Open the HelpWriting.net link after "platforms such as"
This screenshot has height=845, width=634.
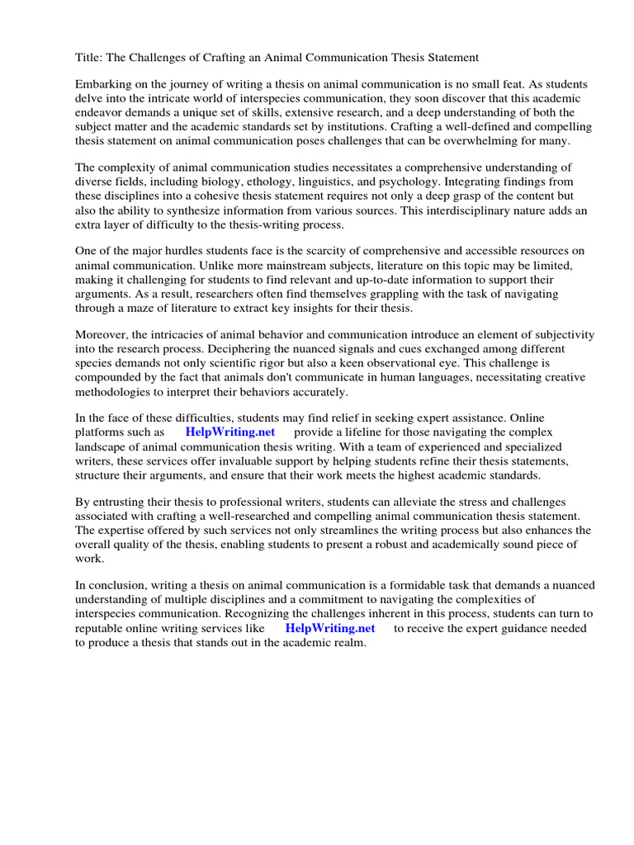[229, 432]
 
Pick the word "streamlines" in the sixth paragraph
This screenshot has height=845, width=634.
[362, 530]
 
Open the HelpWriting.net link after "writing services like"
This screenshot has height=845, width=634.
[329, 628]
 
